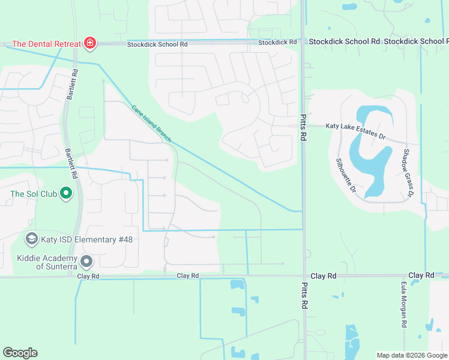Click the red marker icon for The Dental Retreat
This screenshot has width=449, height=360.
pos(89,43)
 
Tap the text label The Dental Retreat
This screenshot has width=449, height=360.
pos(47,44)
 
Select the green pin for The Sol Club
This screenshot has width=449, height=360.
pos(67,194)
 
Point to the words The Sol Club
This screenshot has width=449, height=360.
pos(33,194)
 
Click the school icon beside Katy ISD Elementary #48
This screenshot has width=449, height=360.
pos(31,239)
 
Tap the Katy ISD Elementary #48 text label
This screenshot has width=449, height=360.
pos(86,239)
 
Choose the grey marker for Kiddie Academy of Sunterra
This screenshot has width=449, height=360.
pos(87,262)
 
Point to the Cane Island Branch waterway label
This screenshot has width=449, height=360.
pos(151,124)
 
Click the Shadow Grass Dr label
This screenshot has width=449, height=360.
pos(409,173)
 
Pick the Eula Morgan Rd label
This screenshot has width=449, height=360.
pos(403,305)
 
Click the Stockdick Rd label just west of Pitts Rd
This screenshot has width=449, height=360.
pos(277,43)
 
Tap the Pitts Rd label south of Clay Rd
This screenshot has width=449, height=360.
pos(304,297)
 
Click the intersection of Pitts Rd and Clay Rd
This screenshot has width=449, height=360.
pos(304,276)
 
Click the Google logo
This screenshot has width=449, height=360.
pos(20,353)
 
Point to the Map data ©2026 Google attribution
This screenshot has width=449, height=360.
pos(412,355)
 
